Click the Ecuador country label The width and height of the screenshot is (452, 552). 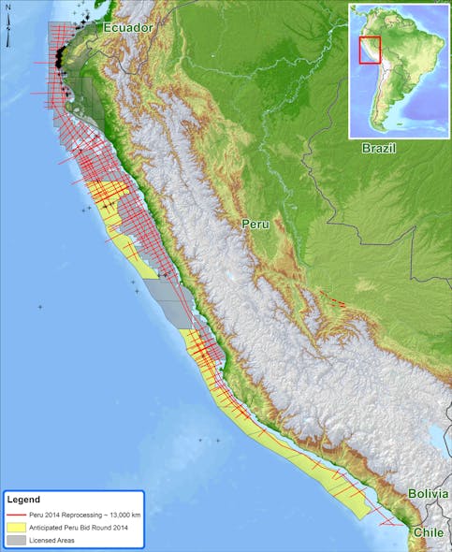click(128, 29)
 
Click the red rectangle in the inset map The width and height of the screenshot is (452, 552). click(370, 50)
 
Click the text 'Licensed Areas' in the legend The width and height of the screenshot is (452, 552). click(54, 541)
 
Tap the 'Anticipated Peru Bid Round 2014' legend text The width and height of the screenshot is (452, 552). click(79, 529)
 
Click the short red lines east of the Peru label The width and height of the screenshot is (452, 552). click(334, 300)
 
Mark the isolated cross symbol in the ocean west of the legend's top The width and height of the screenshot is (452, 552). click(40, 307)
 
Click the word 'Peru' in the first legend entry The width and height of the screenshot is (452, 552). click(38, 516)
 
